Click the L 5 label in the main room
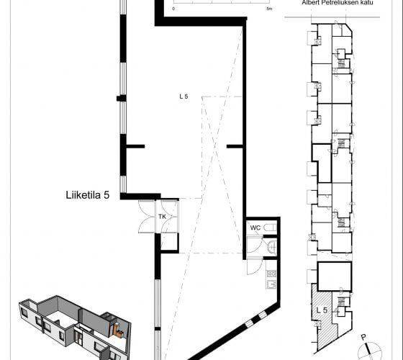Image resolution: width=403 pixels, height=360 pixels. (x=184, y=96)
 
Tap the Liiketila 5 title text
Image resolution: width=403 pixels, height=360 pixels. (x=88, y=195)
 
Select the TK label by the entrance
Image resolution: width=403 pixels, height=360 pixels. (x=162, y=217)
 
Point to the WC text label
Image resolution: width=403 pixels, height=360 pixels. (x=255, y=228)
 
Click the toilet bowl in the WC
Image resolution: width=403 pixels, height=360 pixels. (x=270, y=228)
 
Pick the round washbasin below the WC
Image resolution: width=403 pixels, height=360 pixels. (x=272, y=247)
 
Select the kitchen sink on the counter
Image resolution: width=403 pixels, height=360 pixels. (x=271, y=284)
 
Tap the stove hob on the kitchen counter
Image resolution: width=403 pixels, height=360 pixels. (x=271, y=274)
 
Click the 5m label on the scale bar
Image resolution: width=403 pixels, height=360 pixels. (x=269, y=9)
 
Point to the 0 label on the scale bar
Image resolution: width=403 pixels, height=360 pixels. (x=173, y=9)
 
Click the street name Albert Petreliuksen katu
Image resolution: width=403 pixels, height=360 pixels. (x=338, y=3)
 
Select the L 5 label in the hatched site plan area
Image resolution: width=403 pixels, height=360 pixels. (x=322, y=310)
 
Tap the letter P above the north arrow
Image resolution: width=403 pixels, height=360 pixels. (x=363, y=337)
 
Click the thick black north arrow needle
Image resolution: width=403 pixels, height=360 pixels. (x=368, y=348)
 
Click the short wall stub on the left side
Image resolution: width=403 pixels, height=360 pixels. (x=135, y=146)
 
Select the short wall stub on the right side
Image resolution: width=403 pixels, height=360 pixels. (x=235, y=146)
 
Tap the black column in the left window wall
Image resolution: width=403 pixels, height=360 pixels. (x=122, y=98)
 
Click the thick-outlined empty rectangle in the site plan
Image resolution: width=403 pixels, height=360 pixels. (x=335, y=276)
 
